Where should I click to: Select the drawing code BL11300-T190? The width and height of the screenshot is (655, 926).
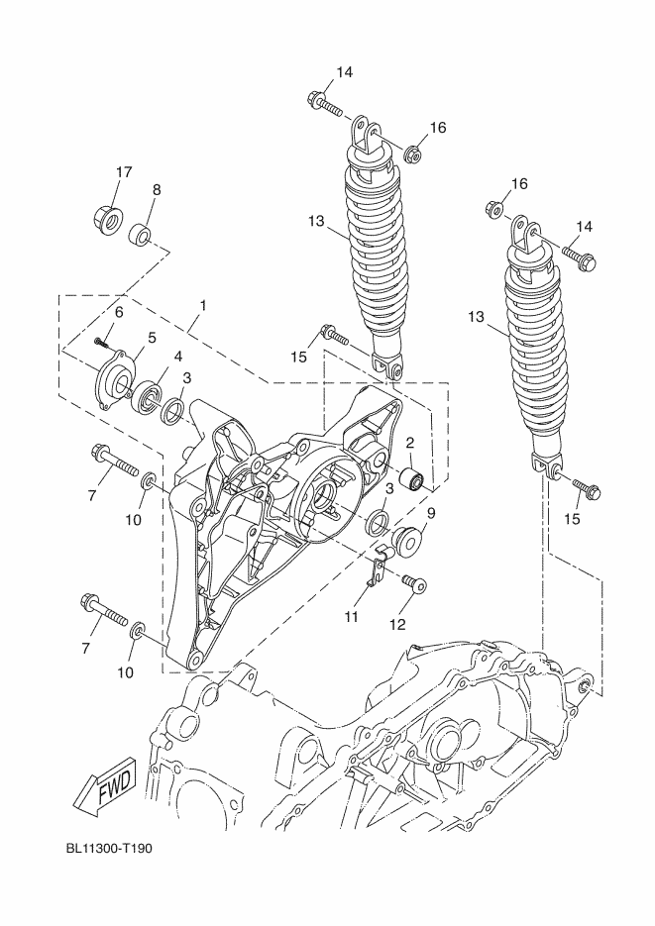point(109,848)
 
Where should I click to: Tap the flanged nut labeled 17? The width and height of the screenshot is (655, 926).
point(108,219)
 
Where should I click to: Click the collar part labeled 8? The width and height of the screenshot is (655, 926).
point(141,233)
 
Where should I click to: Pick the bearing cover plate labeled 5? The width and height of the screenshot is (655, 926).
point(113,381)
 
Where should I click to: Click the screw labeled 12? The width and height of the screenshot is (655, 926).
point(414,583)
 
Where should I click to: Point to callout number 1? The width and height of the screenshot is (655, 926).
point(202,306)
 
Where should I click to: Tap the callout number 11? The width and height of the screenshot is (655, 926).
point(352,617)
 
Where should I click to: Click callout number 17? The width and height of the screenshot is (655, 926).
point(124,172)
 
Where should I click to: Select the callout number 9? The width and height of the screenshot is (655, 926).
point(431,513)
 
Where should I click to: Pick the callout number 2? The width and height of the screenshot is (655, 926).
point(409,443)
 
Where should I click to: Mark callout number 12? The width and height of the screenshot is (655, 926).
point(397,624)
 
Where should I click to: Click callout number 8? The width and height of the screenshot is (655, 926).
point(157,189)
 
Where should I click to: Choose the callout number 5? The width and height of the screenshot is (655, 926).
point(152,338)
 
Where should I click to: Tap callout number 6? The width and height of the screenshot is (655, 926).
point(119,312)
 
